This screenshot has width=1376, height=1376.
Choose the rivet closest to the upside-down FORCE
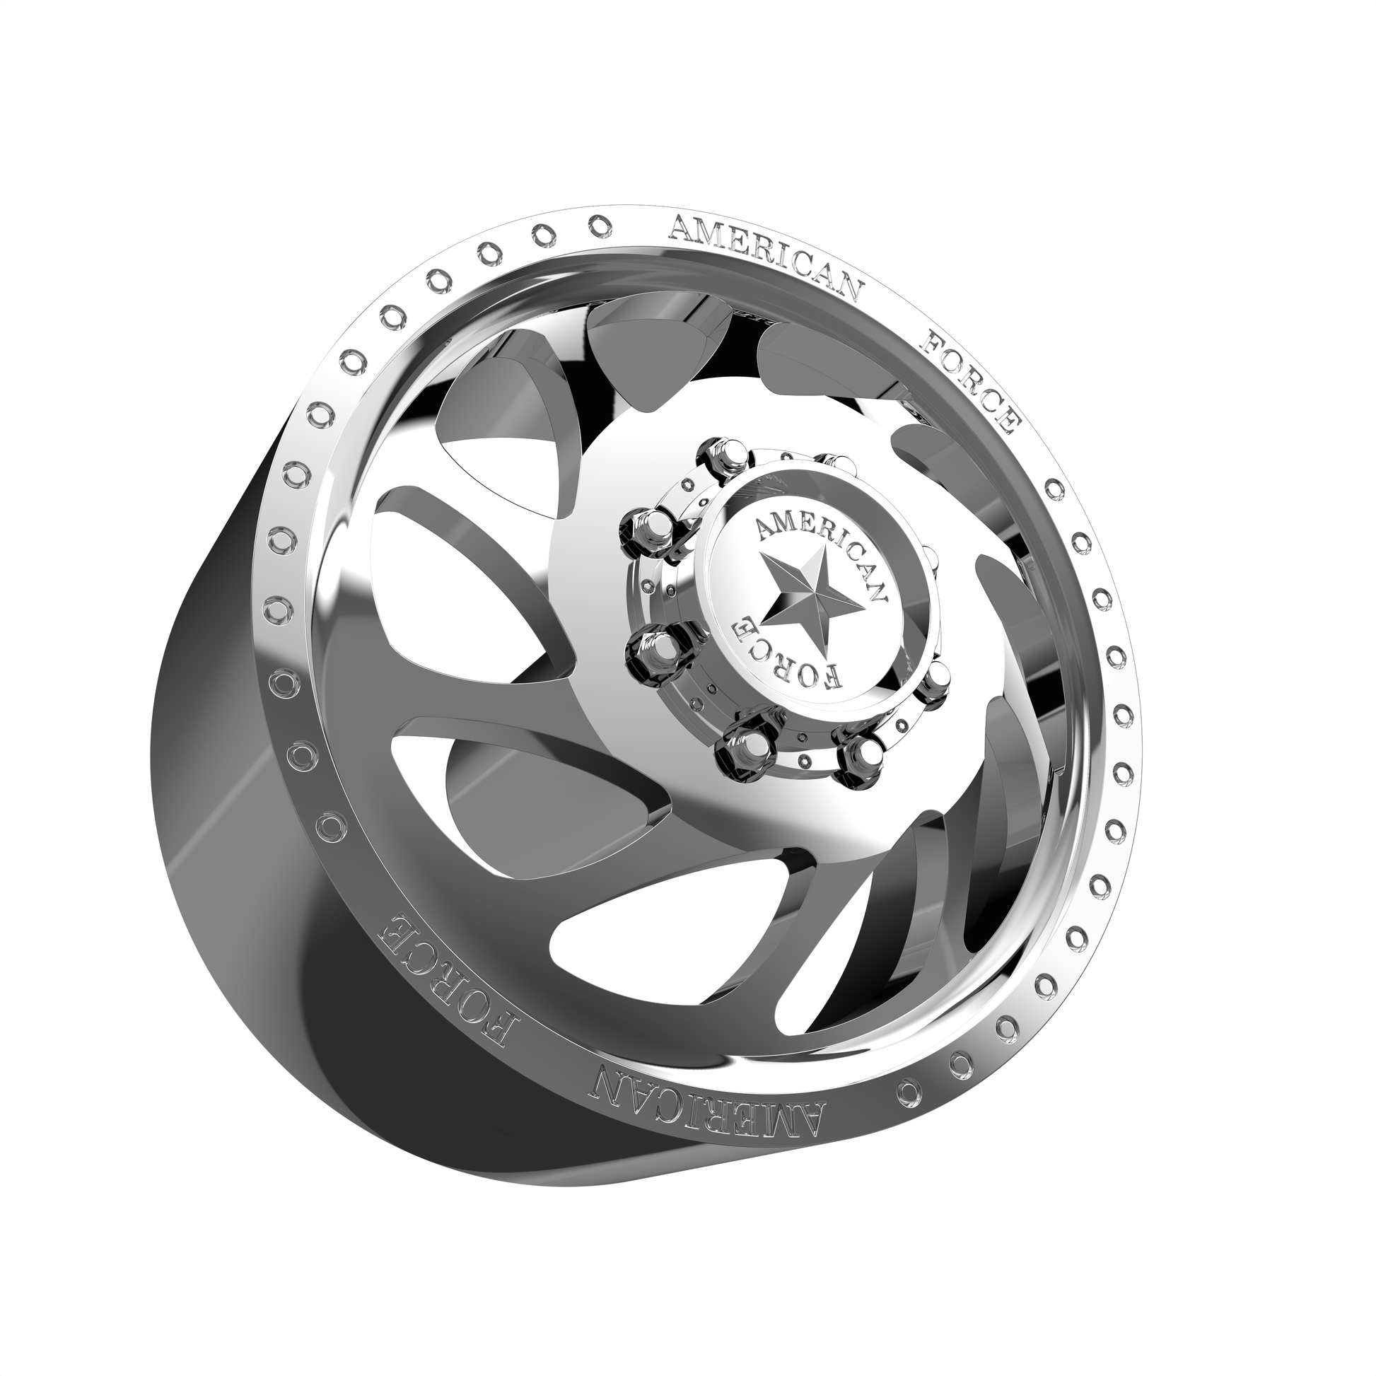(330, 826)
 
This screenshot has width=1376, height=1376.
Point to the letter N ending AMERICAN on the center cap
(878, 590)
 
